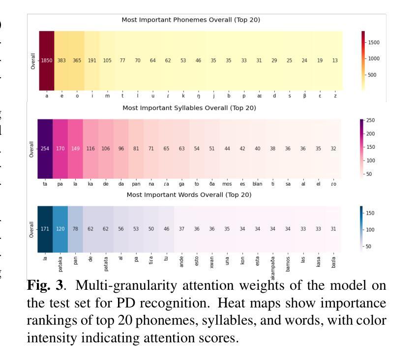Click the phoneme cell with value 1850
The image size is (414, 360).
tap(47, 60)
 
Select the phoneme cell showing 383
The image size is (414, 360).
tap(62, 60)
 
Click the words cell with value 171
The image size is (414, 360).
tap(45, 229)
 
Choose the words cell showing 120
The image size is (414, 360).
tap(60, 229)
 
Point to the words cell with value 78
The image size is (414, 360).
tap(75, 229)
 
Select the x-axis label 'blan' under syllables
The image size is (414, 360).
tap(258, 184)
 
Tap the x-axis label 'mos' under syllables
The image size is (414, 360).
tap(227, 184)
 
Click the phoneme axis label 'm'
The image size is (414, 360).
tap(107, 96)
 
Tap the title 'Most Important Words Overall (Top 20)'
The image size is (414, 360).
tap(189, 194)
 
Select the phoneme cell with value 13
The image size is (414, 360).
tap(335, 60)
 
